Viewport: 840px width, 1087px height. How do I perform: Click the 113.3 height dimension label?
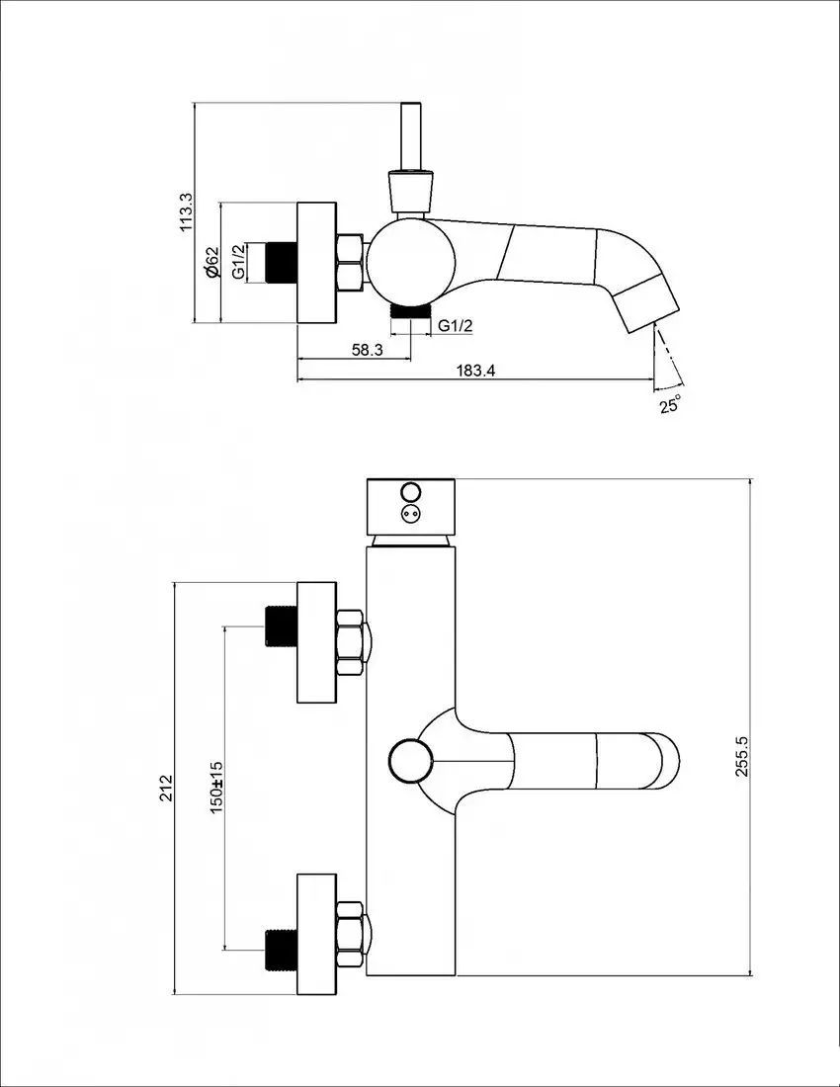(x=185, y=211)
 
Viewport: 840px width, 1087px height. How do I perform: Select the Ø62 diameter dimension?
(x=210, y=262)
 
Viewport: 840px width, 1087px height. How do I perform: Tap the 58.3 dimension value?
(x=367, y=350)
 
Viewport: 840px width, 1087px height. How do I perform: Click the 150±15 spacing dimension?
(x=216, y=787)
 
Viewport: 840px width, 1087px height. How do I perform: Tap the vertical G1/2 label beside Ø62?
(x=238, y=262)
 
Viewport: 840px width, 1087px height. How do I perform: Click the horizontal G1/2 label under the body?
(x=456, y=326)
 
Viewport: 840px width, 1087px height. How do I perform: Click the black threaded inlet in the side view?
(x=283, y=262)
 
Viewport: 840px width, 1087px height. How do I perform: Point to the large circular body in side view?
(x=410, y=262)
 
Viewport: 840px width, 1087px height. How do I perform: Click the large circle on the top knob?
(x=410, y=492)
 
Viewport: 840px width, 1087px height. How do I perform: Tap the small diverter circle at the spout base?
(x=410, y=760)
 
